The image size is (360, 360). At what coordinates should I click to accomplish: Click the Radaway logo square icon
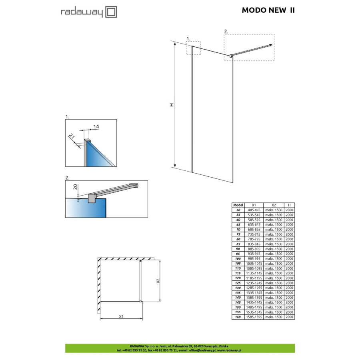(112, 12)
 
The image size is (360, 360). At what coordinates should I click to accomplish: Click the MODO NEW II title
(268, 10)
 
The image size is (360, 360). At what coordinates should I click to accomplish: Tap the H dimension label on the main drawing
(172, 105)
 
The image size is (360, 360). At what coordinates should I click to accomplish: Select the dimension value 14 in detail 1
(96, 126)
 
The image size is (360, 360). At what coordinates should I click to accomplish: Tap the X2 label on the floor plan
(158, 281)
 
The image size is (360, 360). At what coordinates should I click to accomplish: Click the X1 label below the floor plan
(121, 316)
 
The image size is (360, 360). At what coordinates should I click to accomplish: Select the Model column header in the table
(238, 205)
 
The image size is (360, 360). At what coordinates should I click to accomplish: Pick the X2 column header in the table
(274, 205)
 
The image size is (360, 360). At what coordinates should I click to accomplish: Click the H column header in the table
(289, 205)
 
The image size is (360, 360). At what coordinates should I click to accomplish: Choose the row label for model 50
(238, 210)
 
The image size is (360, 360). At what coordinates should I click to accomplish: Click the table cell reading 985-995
(256, 258)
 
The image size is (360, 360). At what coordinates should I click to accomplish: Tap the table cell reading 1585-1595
(256, 317)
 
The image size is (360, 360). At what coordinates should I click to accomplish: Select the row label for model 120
(238, 278)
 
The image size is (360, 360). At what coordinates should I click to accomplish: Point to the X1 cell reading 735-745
(256, 234)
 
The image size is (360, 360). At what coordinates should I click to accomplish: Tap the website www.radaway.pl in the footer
(229, 350)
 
